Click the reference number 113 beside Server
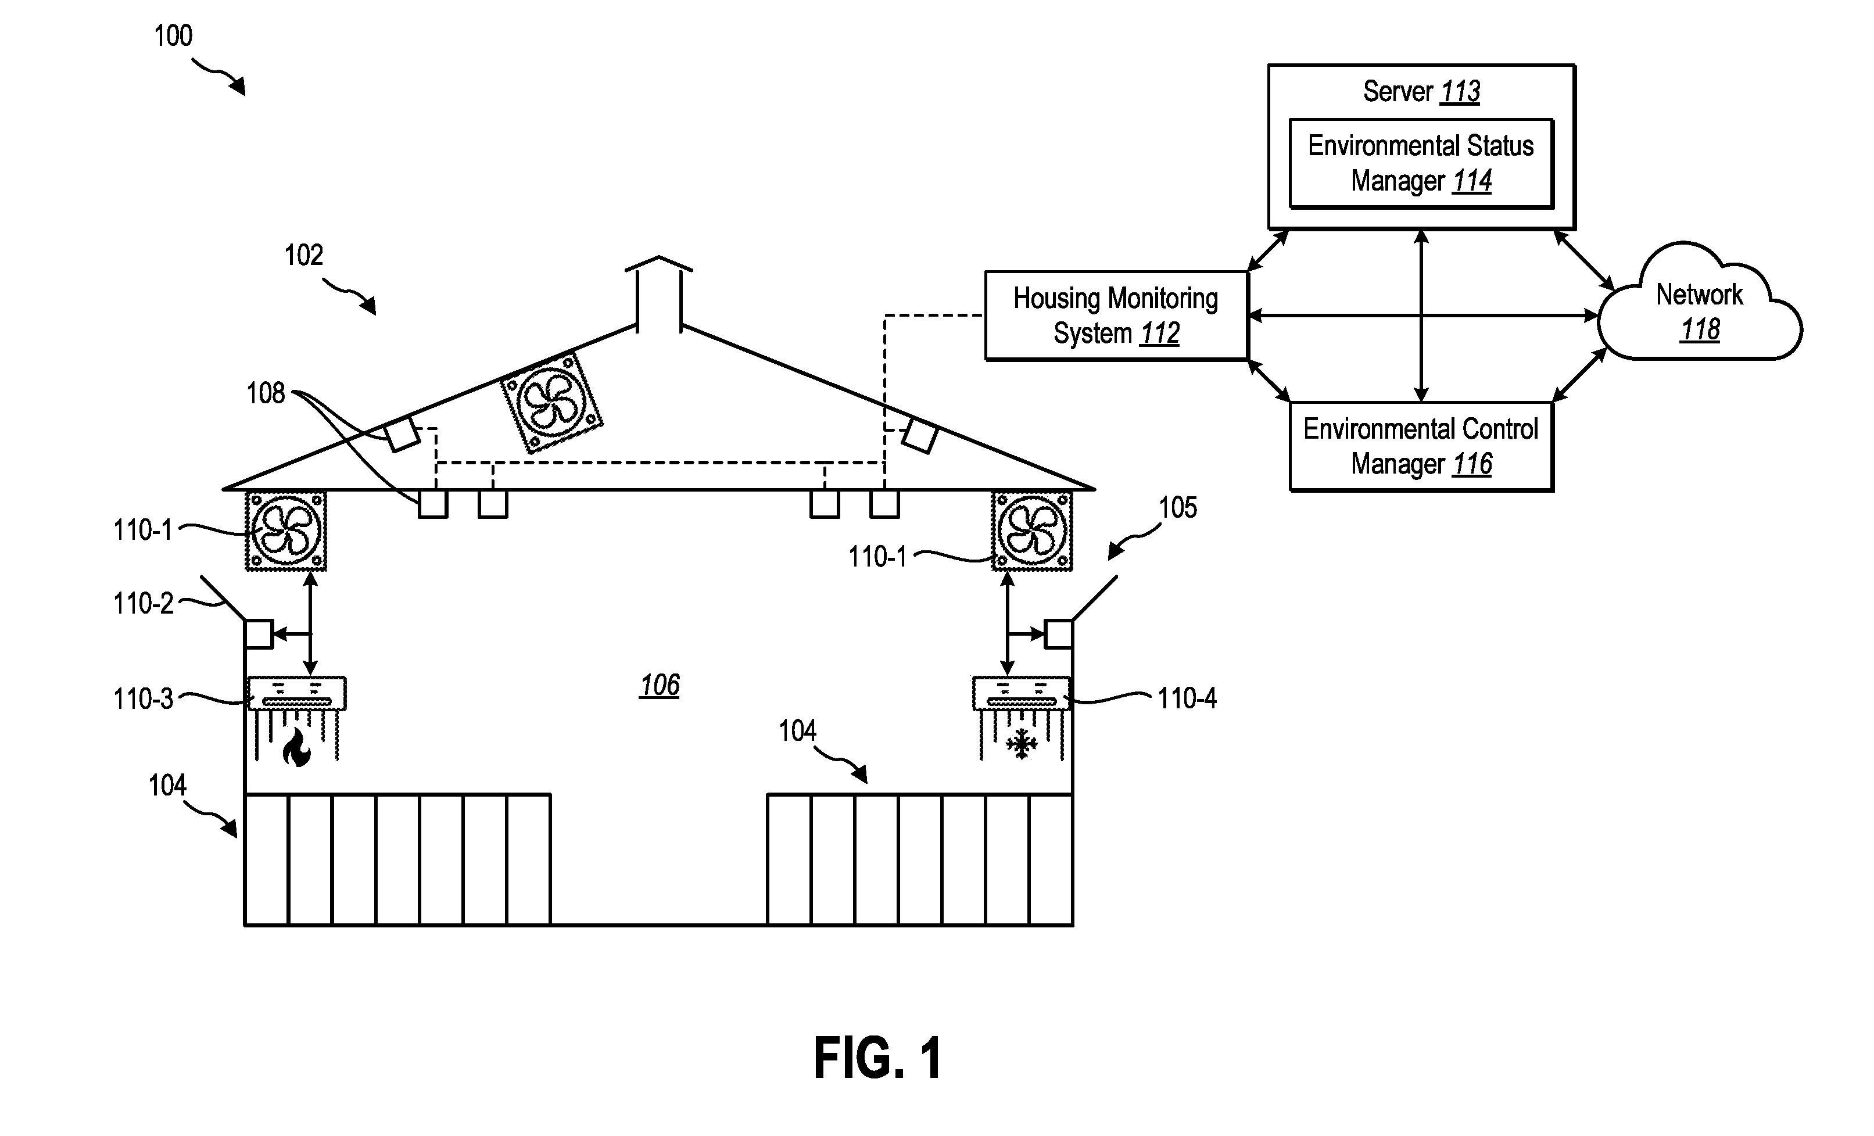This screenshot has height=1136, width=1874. [x=1460, y=92]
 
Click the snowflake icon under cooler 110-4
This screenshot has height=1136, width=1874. [x=1022, y=744]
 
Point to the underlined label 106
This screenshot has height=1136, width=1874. [x=660, y=685]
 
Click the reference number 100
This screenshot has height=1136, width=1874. [x=173, y=36]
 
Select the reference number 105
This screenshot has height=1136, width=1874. [x=1177, y=507]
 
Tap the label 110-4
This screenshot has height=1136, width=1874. [x=1187, y=698]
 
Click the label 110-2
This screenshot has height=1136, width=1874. [x=143, y=604]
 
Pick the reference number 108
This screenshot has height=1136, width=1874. [x=266, y=393]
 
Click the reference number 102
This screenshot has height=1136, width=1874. [x=303, y=255]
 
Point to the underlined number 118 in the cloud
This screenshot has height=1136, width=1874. [x=1700, y=330]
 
